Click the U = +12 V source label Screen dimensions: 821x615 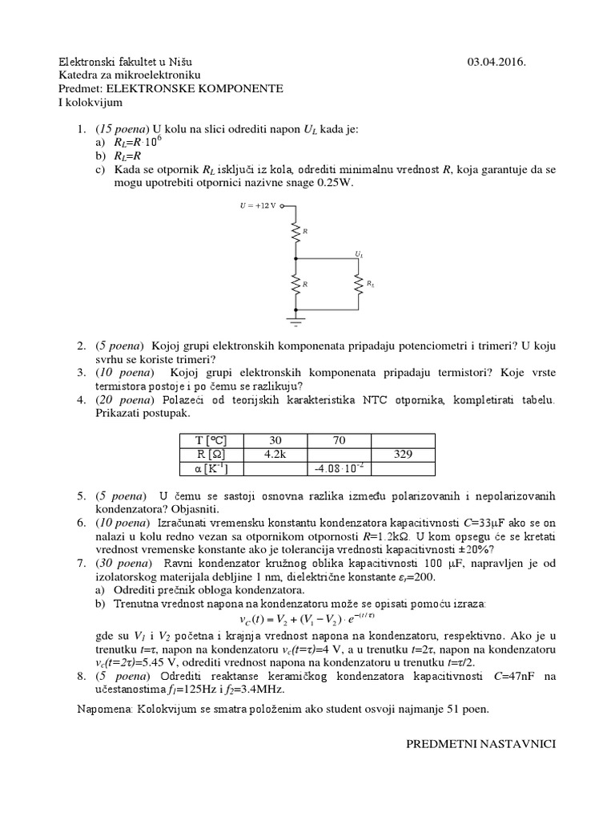click(258, 205)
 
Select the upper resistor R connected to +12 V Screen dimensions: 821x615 click(296, 232)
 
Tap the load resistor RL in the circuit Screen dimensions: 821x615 click(359, 284)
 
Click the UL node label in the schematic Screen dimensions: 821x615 click(359, 253)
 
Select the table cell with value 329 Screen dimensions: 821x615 click(403, 454)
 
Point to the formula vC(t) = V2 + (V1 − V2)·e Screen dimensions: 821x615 click(307, 620)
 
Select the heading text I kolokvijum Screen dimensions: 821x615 click(90, 103)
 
